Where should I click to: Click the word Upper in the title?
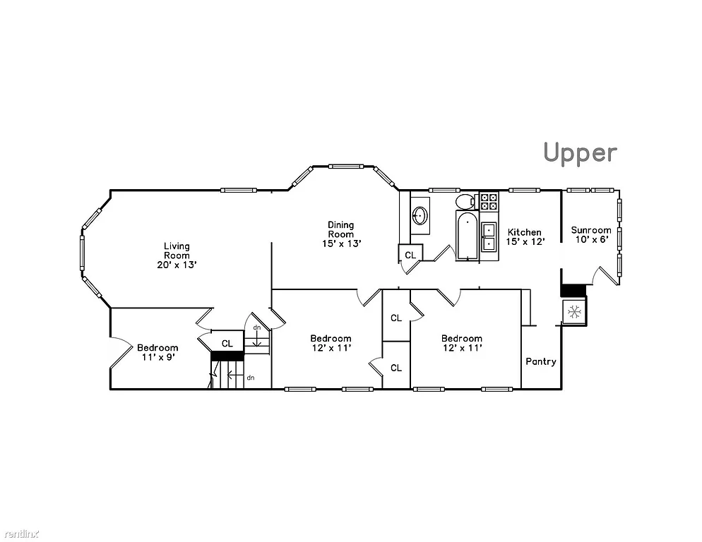pos(580,152)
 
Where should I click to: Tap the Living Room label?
pos(177,251)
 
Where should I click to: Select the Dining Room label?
pos(340,229)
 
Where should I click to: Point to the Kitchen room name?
pos(525,232)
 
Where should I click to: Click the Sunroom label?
pos(590,230)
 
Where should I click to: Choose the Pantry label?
pos(540,361)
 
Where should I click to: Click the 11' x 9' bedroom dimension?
pos(157,357)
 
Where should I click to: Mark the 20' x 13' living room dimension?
pos(177,265)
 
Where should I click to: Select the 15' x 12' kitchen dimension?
pos(525,242)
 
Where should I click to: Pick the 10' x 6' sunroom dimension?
pos(590,240)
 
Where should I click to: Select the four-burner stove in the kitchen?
pos(489,202)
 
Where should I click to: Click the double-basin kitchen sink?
pos(489,237)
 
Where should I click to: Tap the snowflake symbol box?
pos(575,311)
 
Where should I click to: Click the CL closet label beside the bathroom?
pos(410,255)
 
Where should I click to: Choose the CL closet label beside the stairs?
pos(227,344)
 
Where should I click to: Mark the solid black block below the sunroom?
pos(573,290)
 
